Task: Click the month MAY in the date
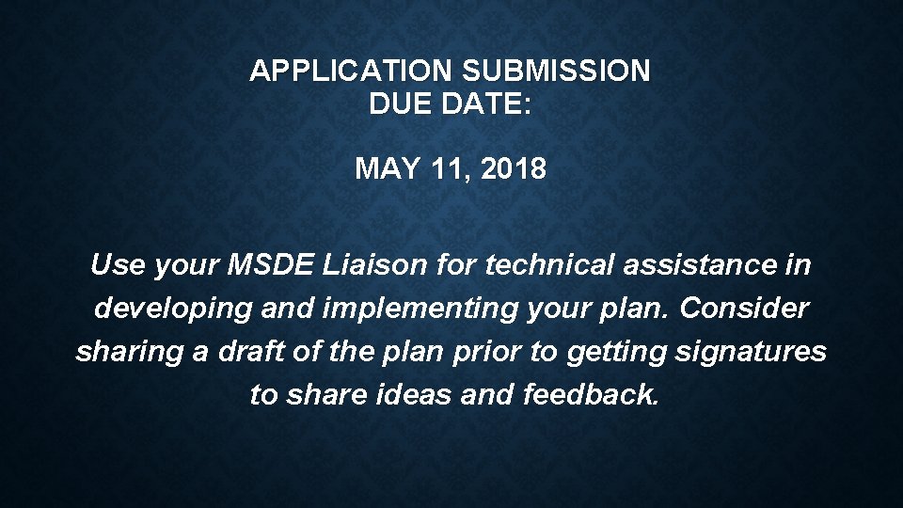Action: coord(380,169)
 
